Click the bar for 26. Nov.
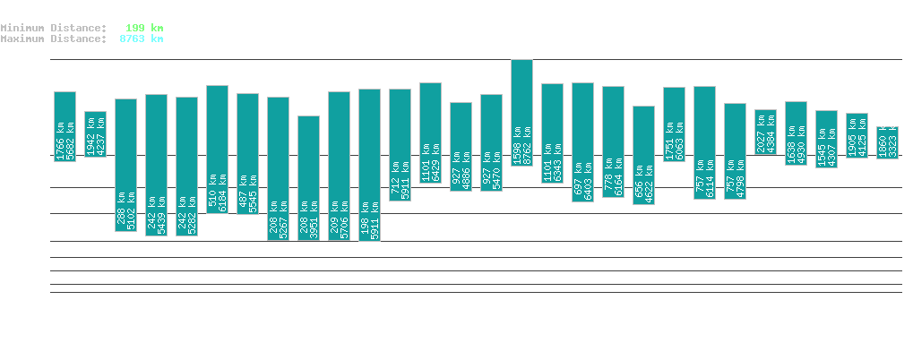pyautogui.click(x=521, y=113)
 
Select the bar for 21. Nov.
pyautogui.click(x=369, y=165)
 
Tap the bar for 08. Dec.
pyautogui.click(x=887, y=143)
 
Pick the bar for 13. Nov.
pyautogui.click(x=125, y=165)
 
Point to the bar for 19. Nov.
pyautogui.click(x=308, y=177)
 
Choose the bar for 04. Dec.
pyautogui.click(x=765, y=133)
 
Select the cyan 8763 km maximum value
pyautogui.click(x=142, y=39)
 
